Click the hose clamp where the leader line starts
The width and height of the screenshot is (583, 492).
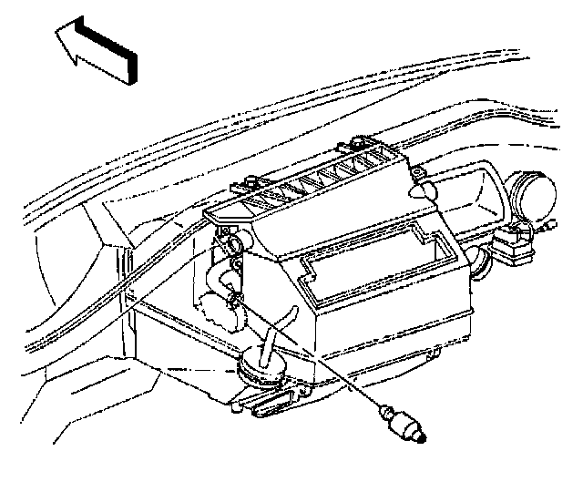click(x=236, y=298)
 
